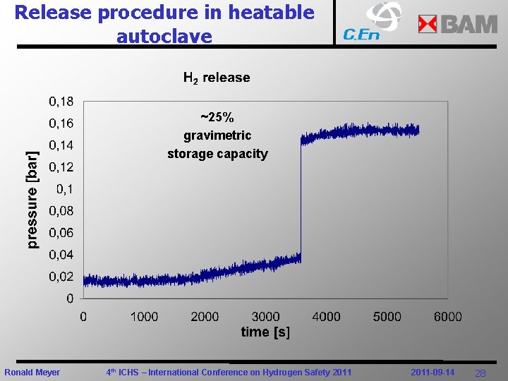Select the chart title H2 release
(x=216, y=78)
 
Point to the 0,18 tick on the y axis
(x=61, y=102)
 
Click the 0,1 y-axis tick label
(x=64, y=189)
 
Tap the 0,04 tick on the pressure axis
(x=61, y=255)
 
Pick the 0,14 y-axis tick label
(x=61, y=145)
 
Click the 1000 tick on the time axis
(x=144, y=317)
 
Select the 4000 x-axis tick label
(x=326, y=317)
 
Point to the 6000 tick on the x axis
(x=447, y=317)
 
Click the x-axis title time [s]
(x=265, y=332)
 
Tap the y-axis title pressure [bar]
(x=32, y=200)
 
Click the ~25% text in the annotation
(x=217, y=117)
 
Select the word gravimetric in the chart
(x=217, y=135)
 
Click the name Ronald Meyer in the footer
(x=32, y=373)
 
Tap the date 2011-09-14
(x=433, y=372)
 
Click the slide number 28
(x=480, y=373)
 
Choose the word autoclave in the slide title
(x=164, y=36)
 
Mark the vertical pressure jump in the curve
(x=301, y=198)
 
